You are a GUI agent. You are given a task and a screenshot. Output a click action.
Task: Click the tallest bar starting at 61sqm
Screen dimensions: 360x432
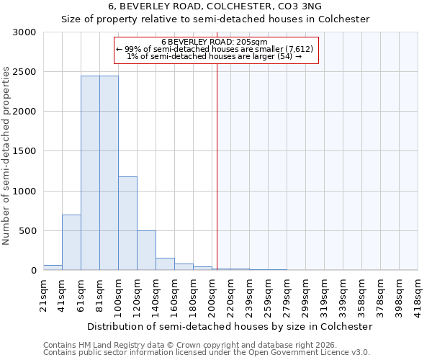(x=90, y=173)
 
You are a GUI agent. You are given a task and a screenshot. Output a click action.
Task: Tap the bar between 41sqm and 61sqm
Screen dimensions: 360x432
(x=71, y=243)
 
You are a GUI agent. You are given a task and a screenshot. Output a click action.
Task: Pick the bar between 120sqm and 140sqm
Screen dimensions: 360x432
(x=146, y=251)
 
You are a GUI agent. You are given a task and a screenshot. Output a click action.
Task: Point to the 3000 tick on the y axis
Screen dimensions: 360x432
(x=24, y=32)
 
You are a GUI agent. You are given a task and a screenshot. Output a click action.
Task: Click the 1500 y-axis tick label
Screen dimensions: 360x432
(x=24, y=151)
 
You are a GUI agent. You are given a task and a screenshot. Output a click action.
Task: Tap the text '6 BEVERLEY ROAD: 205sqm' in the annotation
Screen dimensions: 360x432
(x=215, y=42)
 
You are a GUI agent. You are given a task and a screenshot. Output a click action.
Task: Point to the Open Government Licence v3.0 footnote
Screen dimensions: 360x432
(x=207, y=352)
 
